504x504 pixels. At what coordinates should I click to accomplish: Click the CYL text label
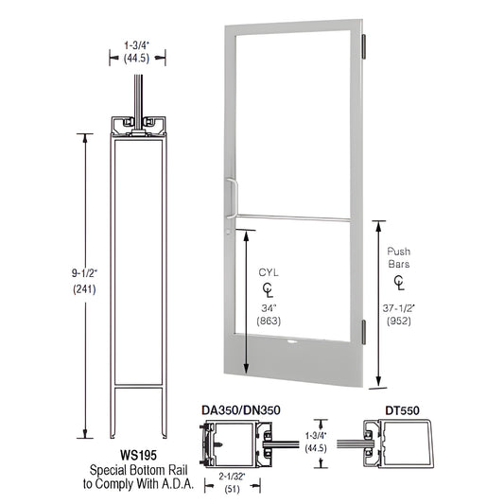pos(269,272)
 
